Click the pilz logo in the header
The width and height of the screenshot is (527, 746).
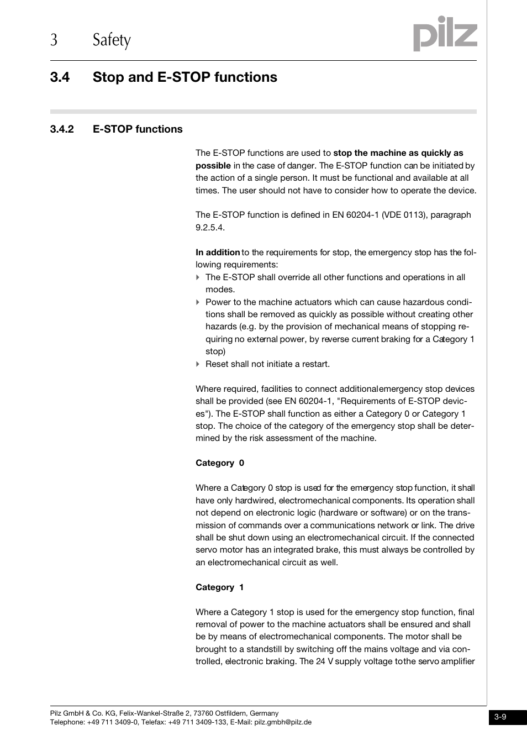(x=445, y=34)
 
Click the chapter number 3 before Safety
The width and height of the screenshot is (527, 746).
(x=54, y=40)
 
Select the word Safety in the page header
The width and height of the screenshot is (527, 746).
(x=112, y=40)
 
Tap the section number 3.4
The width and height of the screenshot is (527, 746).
(x=60, y=77)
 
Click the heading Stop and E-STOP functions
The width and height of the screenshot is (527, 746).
(x=185, y=77)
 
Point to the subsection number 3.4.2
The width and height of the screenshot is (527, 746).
(x=62, y=129)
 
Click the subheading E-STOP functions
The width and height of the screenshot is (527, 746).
(x=138, y=129)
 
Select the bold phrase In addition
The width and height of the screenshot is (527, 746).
(x=218, y=253)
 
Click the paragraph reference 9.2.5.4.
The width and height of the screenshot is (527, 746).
(x=209, y=228)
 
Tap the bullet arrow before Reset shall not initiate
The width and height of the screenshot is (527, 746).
(x=198, y=364)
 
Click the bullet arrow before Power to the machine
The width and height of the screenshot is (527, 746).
(x=198, y=302)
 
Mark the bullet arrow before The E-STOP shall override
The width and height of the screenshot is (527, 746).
(x=198, y=277)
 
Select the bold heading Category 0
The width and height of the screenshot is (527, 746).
(x=219, y=463)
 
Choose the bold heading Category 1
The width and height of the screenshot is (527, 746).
(x=219, y=587)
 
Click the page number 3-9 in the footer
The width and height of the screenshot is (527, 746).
(x=500, y=717)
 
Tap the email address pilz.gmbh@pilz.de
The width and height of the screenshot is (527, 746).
(x=282, y=722)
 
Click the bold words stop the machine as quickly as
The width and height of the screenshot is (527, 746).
(x=398, y=153)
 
